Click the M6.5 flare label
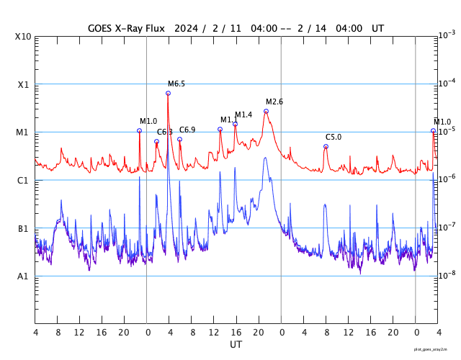(x=176, y=84)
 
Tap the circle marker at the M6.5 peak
(x=168, y=93)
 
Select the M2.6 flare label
(x=274, y=102)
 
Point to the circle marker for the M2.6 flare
(x=266, y=111)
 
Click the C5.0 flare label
(x=334, y=137)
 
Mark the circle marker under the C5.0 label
(x=326, y=146)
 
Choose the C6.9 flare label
(x=187, y=130)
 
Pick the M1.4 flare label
(x=243, y=115)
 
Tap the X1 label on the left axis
(x=23, y=85)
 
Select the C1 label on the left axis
(x=23, y=181)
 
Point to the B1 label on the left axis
(x=23, y=229)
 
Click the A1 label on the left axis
(x=23, y=276)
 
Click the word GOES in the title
(x=102, y=28)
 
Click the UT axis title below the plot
(x=236, y=345)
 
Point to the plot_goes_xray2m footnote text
(x=436, y=349)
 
